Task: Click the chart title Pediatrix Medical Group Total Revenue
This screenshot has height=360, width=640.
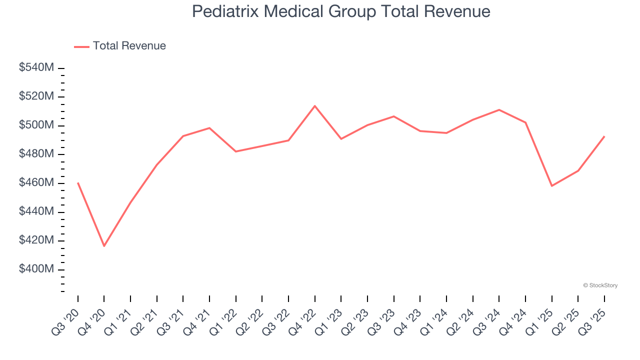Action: tap(341, 11)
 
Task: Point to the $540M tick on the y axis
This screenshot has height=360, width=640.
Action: tap(36, 67)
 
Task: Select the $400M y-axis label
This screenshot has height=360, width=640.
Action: tap(36, 269)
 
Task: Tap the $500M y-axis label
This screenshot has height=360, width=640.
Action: tap(36, 125)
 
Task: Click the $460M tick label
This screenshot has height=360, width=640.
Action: tap(36, 183)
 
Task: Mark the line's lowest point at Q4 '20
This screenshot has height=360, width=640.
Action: tap(104, 246)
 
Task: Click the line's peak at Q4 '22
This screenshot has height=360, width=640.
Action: tap(314, 105)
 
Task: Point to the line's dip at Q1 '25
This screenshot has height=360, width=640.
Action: tap(551, 186)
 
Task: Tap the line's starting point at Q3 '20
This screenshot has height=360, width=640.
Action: tap(78, 182)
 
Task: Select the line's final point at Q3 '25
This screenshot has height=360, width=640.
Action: tap(604, 136)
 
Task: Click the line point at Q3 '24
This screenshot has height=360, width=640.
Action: tap(499, 109)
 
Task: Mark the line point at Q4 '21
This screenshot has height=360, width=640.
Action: tap(209, 128)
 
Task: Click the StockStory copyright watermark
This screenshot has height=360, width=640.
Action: tap(600, 285)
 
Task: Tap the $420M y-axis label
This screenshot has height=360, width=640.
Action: tap(36, 240)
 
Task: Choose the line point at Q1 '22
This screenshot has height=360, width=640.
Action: tap(236, 151)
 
